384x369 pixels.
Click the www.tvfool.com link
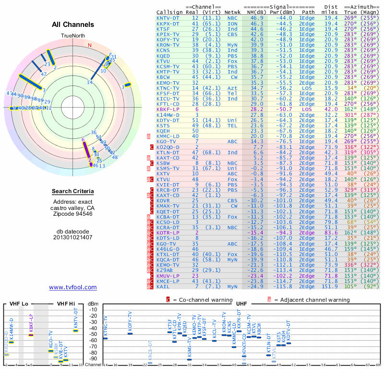[73, 287]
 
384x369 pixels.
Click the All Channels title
[73, 25]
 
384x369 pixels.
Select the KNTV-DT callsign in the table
[169, 17]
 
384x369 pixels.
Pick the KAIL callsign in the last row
[164, 286]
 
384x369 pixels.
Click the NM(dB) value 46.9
[256, 17]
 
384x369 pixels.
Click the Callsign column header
[169, 12]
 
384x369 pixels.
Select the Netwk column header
[233, 12]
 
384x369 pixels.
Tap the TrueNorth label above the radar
[73, 36]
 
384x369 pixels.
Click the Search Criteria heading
[73, 192]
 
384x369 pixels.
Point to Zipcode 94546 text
[73, 214]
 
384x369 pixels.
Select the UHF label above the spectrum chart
[241, 304]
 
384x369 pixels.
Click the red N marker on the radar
[89, 45]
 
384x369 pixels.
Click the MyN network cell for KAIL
[233, 286]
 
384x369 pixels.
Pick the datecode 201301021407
[73, 237]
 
